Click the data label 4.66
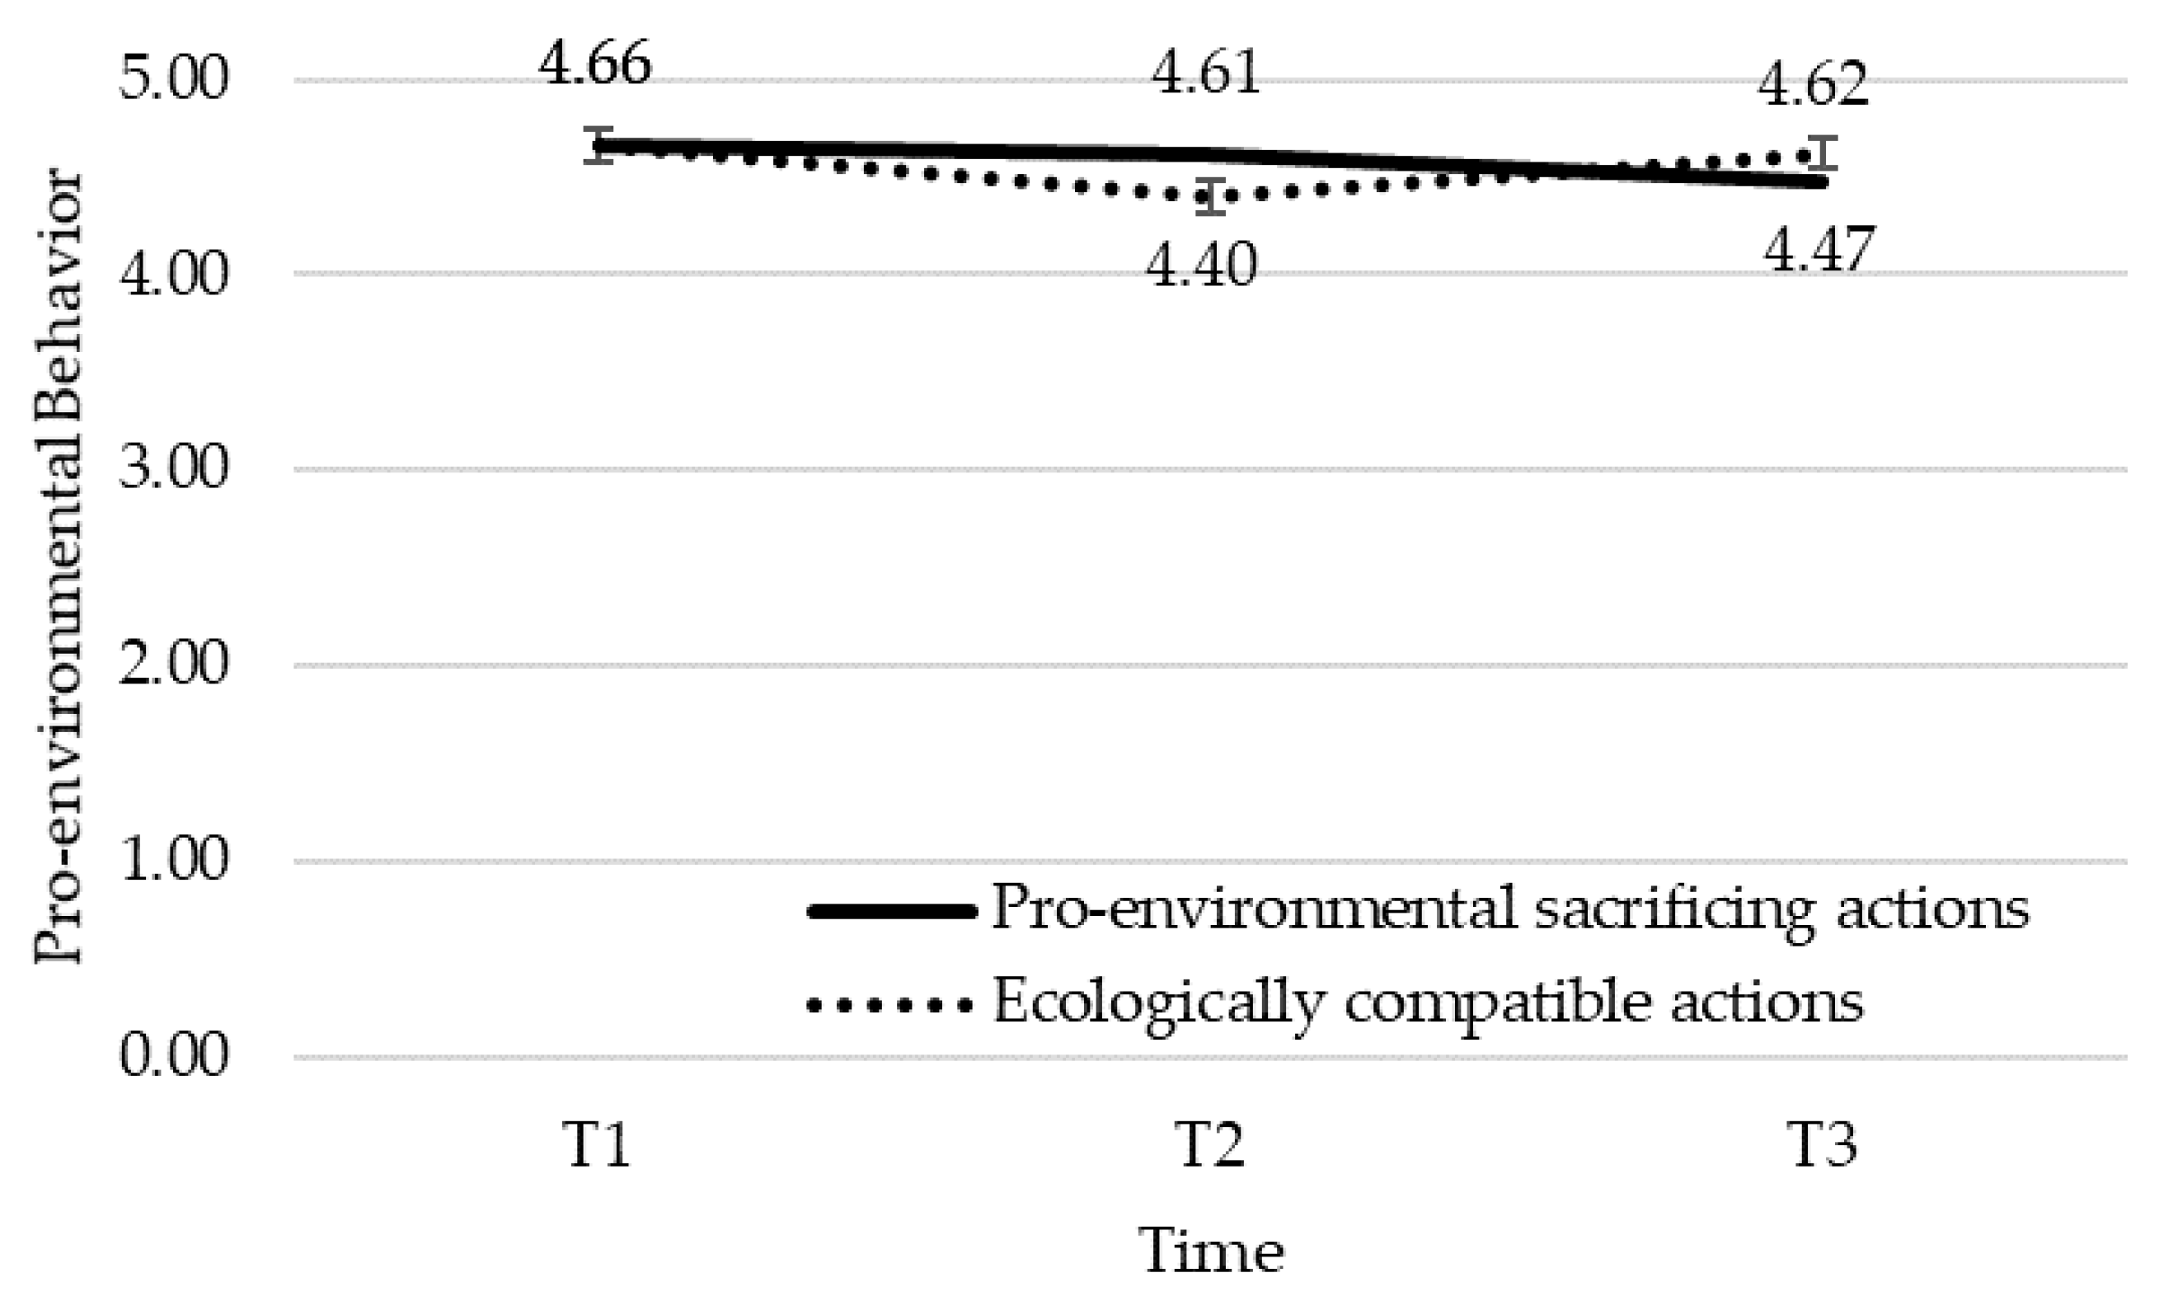click(x=594, y=65)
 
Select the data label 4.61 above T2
click(x=1206, y=73)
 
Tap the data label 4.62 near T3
click(x=1813, y=86)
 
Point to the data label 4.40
click(x=1202, y=265)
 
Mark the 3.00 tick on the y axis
click(x=173, y=469)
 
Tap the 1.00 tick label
click(x=173, y=860)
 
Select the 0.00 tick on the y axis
click(x=173, y=1055)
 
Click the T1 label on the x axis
click(x=598, y=1145)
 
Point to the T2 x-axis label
click(x=1210, y=1145)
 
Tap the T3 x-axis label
click(x=1822, y=1145)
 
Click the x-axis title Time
click(x=1212, y=1252)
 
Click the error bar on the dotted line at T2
click(x=1210, y=195)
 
